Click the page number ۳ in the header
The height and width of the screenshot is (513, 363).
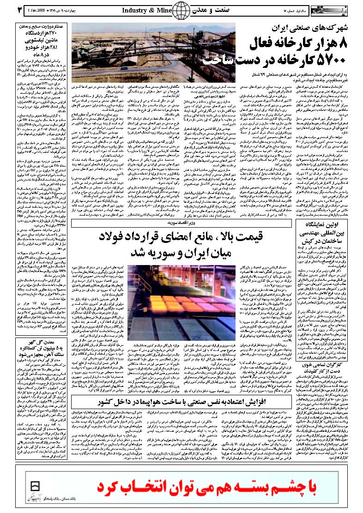coord(7,9)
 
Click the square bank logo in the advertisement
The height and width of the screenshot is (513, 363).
coord(33,488)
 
